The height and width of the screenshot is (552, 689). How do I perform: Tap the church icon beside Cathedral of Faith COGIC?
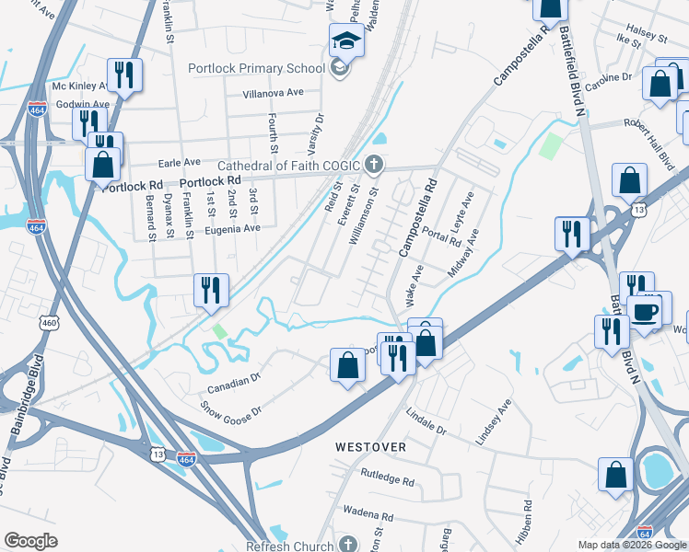point(373,166)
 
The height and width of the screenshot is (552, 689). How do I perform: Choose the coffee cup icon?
point(645,310)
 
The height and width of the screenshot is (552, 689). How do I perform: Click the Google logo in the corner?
point(30,541)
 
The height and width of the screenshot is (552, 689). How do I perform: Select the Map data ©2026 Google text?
point(632,545)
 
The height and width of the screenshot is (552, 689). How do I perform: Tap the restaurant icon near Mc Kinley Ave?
point(123,75)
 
